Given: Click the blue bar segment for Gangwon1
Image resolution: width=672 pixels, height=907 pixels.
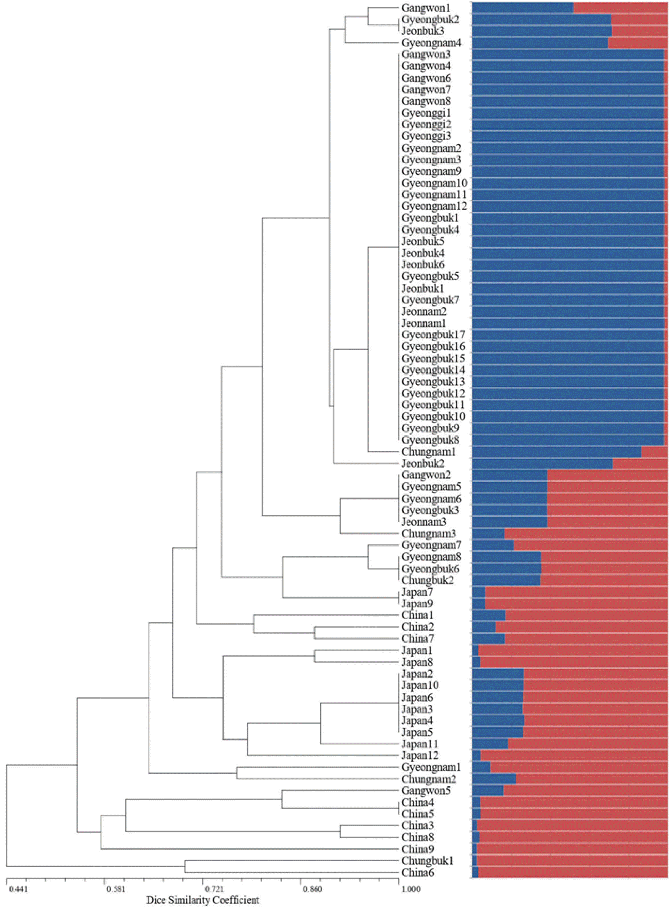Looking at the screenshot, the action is pyautogui.click(x=523, y=8).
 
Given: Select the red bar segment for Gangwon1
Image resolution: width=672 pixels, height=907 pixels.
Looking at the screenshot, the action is pyautogui.click(x=621, y=8).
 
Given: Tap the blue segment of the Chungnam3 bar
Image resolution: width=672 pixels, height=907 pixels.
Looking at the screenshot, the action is pyautogui.click(x=488, y=533).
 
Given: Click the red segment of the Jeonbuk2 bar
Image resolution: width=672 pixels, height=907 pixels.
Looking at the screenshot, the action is pyautogui.click(x=640, y=463).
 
